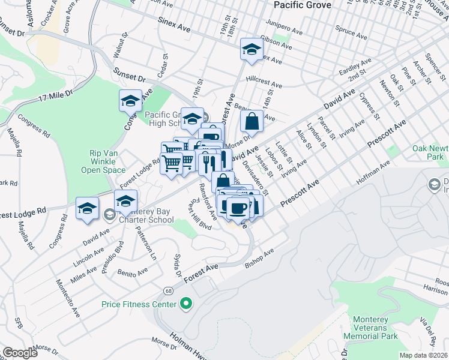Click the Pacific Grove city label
tap(303, 5)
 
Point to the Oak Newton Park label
tap(430, 152)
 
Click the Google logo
tap(20, 353)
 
